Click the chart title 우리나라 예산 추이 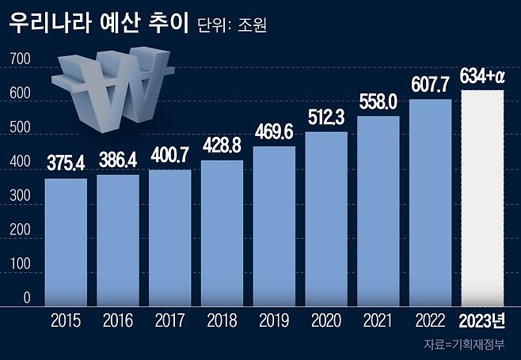(99, 24)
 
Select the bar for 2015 (66, 241)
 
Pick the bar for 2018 (222, 233)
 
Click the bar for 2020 (327, 218)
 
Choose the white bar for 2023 (482, 198)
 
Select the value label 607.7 (432, 83)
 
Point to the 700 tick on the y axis (21, 59)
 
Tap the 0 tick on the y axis (25, 298)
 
